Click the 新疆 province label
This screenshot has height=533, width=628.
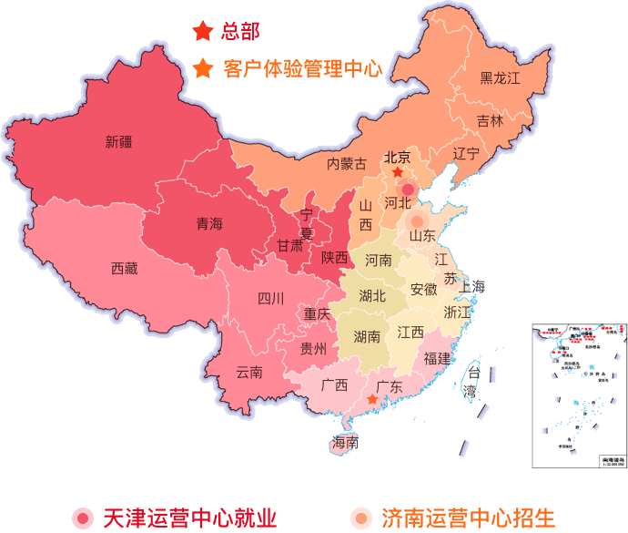118,142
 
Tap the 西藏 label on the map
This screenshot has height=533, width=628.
125,268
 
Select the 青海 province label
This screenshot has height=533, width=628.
209,224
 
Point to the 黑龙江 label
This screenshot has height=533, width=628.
500,78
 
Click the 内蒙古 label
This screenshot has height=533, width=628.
347,164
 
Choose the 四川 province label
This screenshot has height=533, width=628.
270,298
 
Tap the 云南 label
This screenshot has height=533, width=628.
249,372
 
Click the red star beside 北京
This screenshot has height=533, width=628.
398,172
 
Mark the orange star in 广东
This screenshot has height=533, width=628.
372,399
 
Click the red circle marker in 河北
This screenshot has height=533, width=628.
408,189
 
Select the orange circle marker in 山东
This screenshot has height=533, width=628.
417,220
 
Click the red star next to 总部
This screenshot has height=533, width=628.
201,32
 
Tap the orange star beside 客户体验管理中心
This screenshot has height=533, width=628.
203,69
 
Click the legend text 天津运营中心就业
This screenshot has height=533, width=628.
189,518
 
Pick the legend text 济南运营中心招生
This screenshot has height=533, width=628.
469,518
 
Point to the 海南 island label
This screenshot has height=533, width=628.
346,444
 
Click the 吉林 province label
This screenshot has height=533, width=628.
490,120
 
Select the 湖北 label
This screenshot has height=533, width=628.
372,295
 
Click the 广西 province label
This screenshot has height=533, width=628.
335,384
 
